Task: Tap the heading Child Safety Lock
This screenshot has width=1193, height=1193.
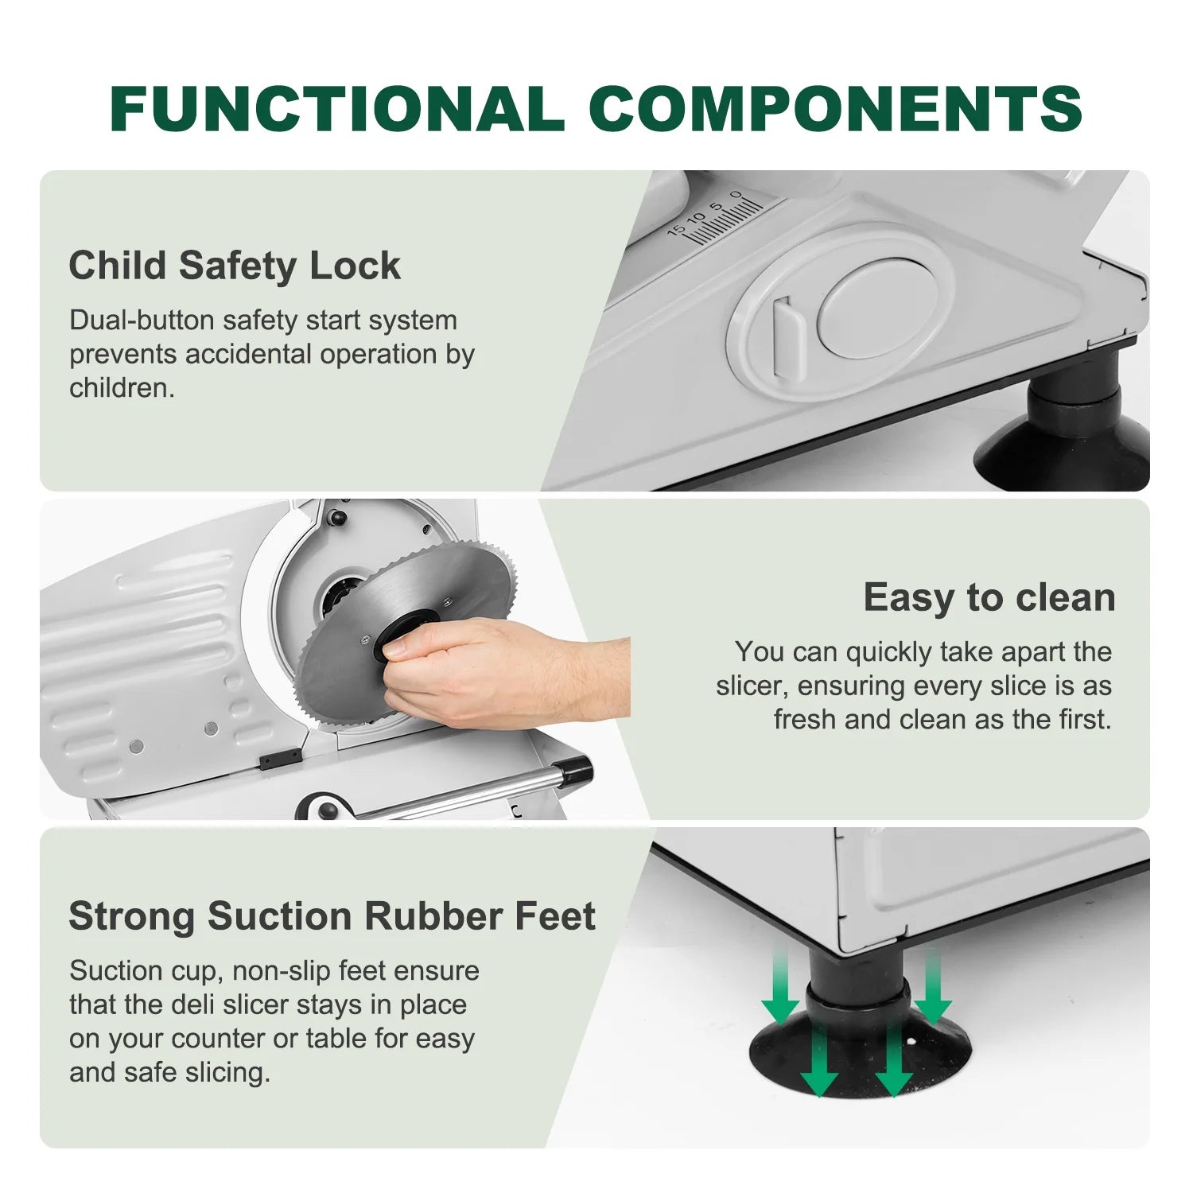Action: [235, 266]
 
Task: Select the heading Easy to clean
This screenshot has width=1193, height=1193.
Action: [989, 597]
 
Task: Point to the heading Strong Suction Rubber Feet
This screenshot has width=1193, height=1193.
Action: [332, 916]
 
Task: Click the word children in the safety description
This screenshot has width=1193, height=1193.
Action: [122, 388]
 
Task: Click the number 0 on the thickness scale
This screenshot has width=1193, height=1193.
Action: [736, 196]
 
